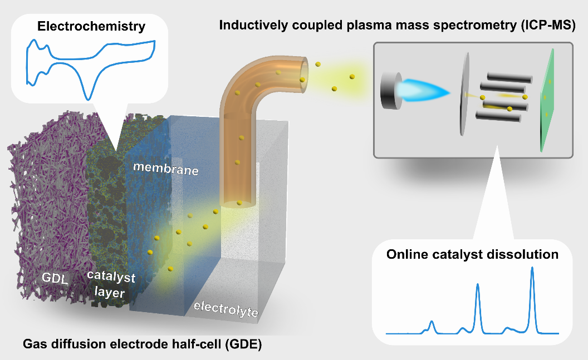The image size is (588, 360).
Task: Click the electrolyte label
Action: (226, 309)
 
